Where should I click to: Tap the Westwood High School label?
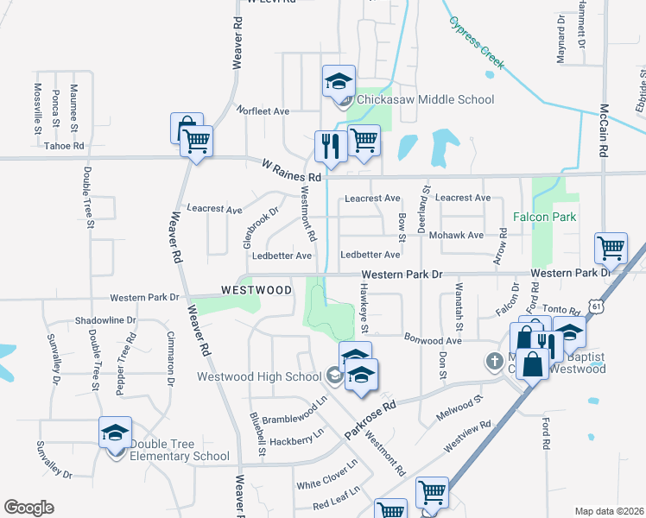259,376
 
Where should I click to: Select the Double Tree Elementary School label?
180,451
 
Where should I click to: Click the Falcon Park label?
544,217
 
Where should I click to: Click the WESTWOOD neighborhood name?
256,291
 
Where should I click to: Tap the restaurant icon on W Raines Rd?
329,147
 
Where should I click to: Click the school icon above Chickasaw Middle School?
339,82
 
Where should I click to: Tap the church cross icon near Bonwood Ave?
494,361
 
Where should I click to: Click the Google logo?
28,507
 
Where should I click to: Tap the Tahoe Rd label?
64,147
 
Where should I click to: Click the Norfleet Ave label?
263,111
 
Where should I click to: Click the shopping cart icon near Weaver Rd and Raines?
197,141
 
